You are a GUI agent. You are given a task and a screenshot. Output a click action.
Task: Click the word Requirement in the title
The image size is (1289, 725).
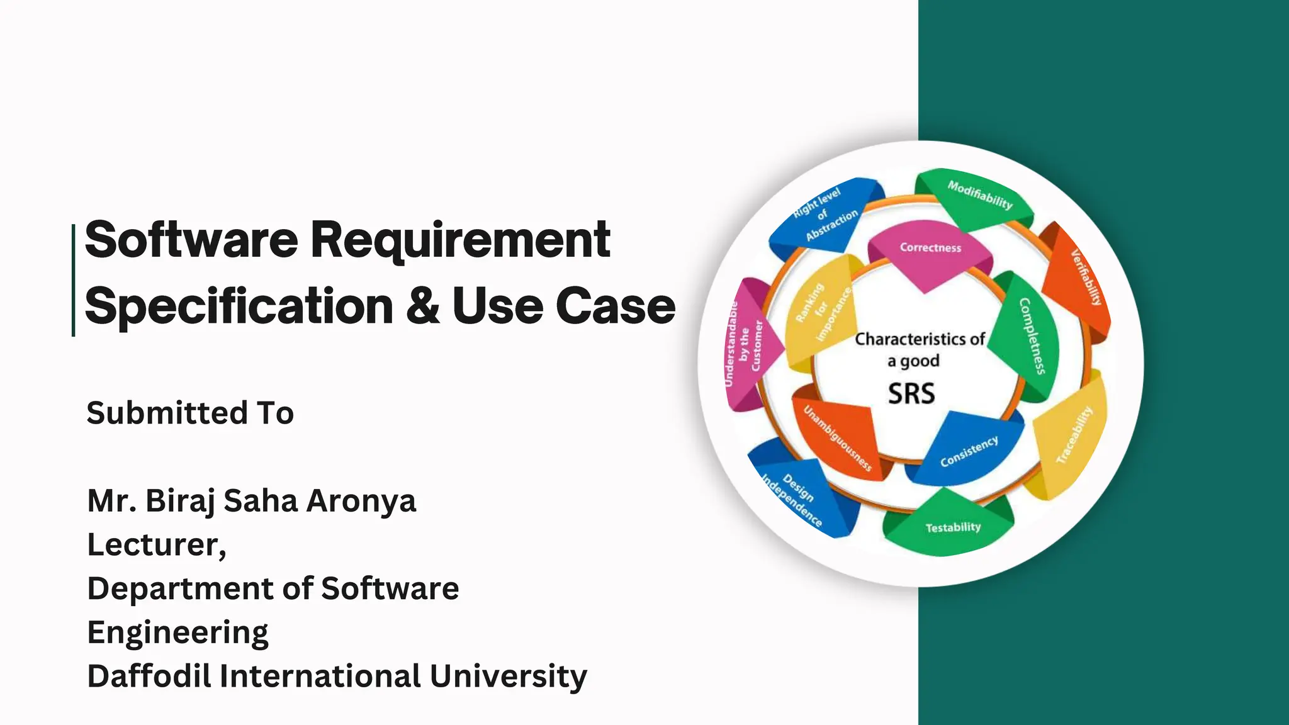(x=460, y=240)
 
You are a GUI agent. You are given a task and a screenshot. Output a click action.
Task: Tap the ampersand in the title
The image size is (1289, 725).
(x=422, y=306)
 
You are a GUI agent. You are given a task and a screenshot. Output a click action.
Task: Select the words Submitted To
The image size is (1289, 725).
(x=190, y=413)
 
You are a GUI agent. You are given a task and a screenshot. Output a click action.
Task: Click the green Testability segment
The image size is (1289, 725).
(x=951, y=526)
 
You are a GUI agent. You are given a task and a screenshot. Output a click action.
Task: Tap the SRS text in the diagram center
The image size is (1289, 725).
(x=911, y=394)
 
